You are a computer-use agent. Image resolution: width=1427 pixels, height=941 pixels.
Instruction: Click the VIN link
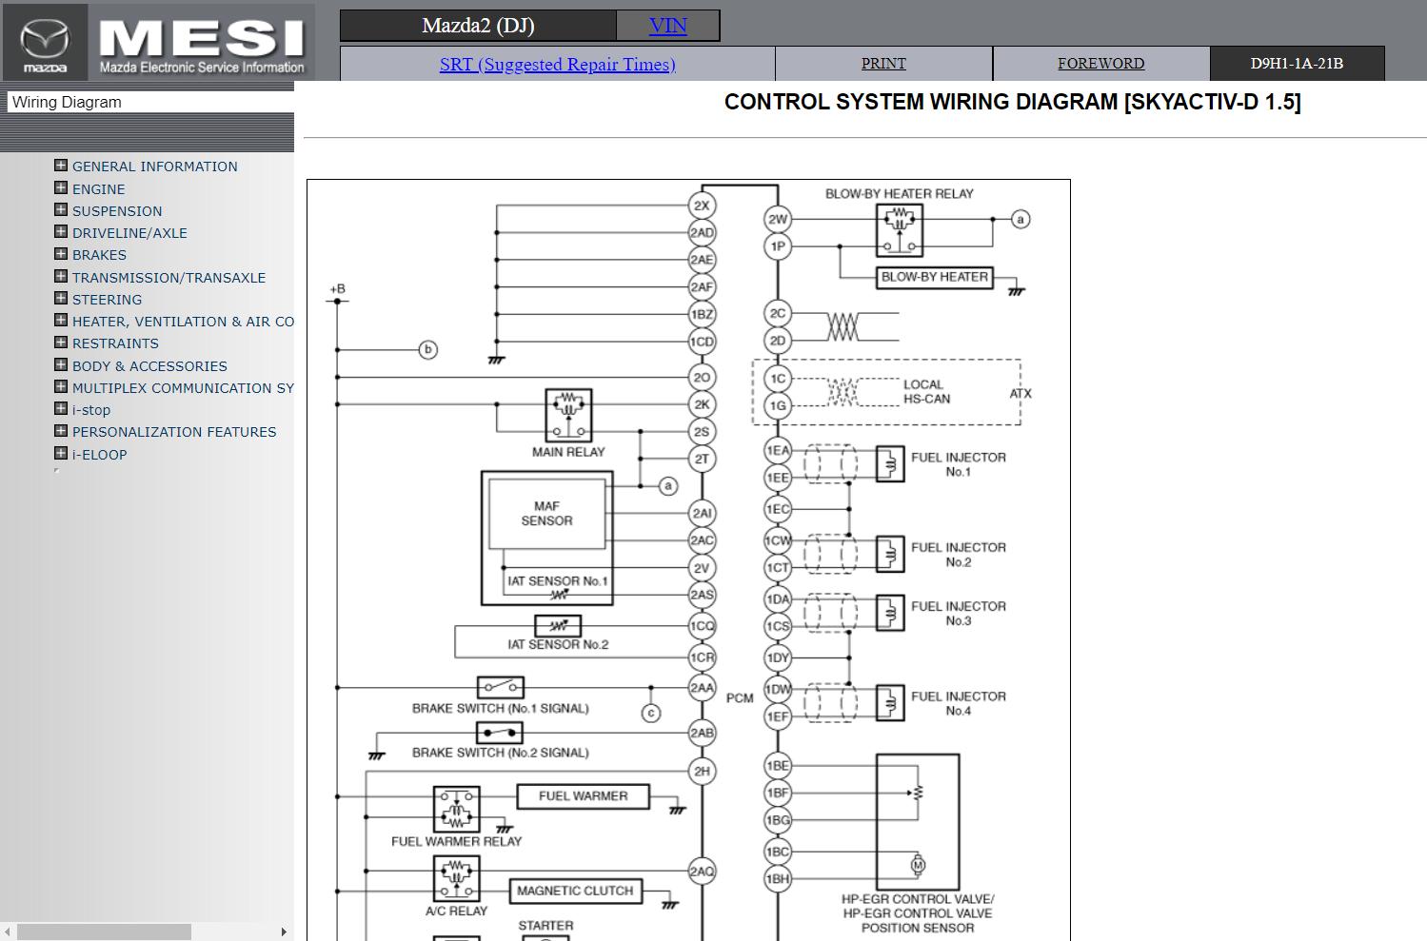click(667, 26)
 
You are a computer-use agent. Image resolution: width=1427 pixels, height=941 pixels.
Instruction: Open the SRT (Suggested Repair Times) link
click(557, 65)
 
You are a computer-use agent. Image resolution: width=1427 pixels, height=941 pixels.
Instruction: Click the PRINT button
click(883, 64)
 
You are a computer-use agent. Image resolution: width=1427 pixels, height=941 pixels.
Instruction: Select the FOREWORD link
click(1100, 64)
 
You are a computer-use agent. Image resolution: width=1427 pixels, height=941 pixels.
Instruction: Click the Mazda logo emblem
click(45, 41)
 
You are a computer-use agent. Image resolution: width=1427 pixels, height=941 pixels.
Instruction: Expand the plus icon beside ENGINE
click(61, 188)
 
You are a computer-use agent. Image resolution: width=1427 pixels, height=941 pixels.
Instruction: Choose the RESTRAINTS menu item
click(115, 343)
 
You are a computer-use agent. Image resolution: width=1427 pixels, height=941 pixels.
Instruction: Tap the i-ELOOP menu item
click(99, 455)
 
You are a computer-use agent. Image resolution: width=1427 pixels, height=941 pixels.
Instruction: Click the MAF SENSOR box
click(546, 514)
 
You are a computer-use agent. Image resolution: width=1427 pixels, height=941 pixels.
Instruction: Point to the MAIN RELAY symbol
click(568, 415)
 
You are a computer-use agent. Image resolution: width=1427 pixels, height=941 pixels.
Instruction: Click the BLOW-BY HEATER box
click(934, 277)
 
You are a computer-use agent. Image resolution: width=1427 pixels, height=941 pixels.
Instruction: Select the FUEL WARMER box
click(583, 796)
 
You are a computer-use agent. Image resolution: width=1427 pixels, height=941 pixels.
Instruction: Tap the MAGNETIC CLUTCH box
click(575, 891)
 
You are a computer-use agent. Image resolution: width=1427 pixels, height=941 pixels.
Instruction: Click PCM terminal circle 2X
click(702, 206)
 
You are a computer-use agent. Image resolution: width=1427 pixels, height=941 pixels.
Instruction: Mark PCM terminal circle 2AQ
click(702, 872)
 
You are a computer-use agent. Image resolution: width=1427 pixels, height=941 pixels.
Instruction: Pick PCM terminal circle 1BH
click(778, 879)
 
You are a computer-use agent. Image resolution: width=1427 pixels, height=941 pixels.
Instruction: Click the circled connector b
click(428, 350)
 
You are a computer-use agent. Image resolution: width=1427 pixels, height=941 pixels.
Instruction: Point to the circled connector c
click(651, 713)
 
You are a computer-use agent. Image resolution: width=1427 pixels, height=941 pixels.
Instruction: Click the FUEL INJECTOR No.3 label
click(958, 614)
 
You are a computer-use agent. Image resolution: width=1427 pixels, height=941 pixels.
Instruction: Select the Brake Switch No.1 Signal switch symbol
click(500, 686)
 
